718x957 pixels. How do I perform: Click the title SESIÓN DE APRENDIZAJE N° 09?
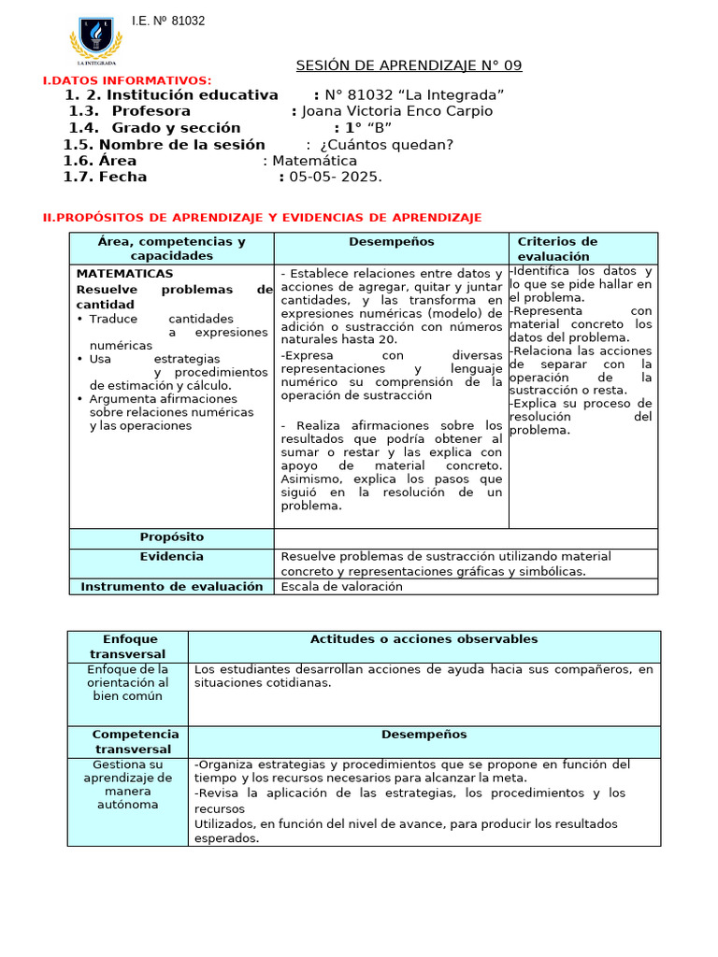coord(409,65)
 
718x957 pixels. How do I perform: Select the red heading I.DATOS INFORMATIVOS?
coord(127,81)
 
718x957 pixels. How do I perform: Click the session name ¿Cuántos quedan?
coord(386,144)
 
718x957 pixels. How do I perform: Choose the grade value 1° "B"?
coord(368,128)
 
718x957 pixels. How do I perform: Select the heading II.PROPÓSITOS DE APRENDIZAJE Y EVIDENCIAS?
coord(263,218)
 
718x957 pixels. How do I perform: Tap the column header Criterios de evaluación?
coord(557,249)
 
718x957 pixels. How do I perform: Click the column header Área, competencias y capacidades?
coord(171,249)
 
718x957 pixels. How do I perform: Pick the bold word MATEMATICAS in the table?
coord(124,274)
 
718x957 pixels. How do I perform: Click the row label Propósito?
coord(171,537)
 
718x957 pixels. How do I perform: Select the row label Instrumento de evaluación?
coord(171,586)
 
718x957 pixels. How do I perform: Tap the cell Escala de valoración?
coord(341,586)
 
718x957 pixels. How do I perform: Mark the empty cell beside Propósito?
coord(466,538)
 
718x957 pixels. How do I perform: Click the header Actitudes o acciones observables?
coord(424,639)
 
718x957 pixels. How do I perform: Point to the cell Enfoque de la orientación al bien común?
coord(127,682)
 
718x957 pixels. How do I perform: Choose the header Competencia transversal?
coord(127,742)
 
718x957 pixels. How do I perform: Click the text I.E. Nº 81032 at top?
coord(168,21)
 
